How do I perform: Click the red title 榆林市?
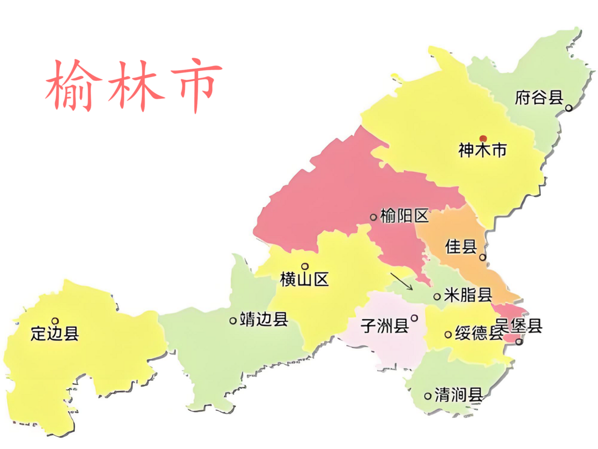tap(133, 86)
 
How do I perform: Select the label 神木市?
tap(482, 150)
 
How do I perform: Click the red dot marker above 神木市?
tap(483, 139)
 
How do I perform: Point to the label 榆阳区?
tap(405, 216)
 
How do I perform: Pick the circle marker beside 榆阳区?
tap(373, 217)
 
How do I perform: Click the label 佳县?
tap(461, 247)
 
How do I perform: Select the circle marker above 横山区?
tap(305, 266)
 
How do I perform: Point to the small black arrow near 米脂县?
tap(401, 281)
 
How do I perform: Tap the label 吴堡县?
tap(519, 326)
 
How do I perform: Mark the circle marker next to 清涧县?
tap(427, 396)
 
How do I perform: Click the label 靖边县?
tap(264, 320)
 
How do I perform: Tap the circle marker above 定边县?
tap(55, 320)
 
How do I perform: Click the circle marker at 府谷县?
tap(568, 108)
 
